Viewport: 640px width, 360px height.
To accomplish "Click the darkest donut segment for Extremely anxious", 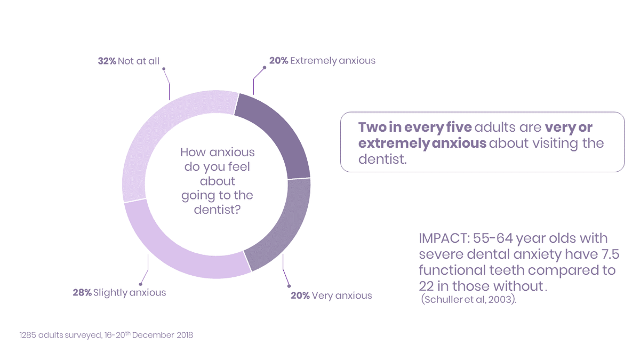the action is point(278,134).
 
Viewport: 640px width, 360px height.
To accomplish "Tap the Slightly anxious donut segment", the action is point(177,251).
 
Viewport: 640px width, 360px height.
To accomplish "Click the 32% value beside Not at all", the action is point(107,61).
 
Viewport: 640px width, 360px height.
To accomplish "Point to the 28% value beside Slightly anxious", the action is point(82,293).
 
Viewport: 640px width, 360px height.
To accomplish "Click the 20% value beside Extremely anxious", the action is point(278,61).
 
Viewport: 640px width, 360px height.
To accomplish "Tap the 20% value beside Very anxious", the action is point(300,295).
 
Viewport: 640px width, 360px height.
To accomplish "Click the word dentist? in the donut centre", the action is point(218,210).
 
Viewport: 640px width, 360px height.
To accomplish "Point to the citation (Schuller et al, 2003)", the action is point(469,299).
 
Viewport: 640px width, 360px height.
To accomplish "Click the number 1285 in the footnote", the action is point(28,335).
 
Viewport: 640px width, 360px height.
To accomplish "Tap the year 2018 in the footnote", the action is point(185,335).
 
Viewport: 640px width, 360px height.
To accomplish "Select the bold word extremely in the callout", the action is point(394,143).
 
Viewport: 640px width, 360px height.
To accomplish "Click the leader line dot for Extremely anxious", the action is point(265,68).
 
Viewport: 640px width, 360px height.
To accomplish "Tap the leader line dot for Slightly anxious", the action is point(141,284).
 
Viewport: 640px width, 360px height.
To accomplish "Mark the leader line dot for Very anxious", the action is point(289,286).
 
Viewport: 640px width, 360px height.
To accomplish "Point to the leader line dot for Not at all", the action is point(164,69).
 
